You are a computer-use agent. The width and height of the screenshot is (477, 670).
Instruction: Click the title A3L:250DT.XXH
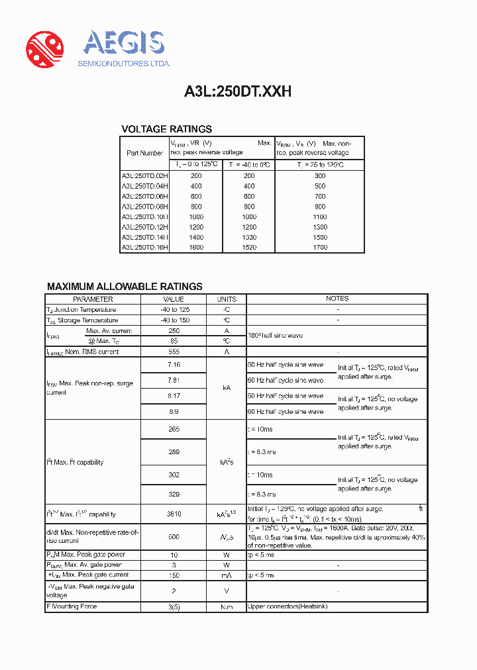238,93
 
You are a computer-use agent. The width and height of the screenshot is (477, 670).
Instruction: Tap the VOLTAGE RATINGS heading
166,129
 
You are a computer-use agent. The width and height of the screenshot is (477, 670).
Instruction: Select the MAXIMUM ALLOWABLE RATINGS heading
125,287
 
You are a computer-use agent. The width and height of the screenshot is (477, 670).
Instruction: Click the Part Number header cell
144,153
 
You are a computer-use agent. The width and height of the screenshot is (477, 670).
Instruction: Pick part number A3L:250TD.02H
144,176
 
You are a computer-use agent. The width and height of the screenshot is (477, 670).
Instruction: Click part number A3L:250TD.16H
144,248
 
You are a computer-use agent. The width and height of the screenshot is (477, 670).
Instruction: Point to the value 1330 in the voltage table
248,237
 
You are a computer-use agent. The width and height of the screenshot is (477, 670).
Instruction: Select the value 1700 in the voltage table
319,248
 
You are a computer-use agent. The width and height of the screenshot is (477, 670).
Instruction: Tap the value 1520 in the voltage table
248,248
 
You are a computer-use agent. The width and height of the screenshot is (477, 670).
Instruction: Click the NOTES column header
337,299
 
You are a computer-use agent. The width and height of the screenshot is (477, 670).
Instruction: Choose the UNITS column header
227,299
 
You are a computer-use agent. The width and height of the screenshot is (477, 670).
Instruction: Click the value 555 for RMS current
174,352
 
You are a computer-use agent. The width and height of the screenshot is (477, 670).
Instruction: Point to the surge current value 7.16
174,365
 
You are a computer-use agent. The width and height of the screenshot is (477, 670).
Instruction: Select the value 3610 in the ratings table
174,514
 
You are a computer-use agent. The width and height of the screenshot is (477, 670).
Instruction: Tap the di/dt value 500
174,537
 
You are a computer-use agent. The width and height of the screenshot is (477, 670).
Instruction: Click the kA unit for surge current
227,388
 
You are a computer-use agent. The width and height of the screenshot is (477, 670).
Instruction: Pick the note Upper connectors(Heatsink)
288,606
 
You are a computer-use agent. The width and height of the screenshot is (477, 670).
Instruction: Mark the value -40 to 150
174,320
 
